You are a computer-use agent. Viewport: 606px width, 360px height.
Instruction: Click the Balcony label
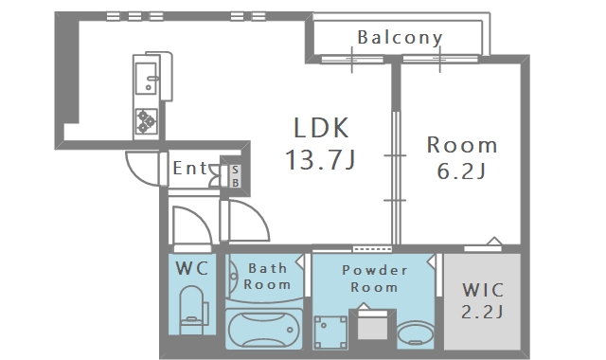400,38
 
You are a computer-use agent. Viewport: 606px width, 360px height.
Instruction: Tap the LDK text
322,128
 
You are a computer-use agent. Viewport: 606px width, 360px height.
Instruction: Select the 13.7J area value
320,159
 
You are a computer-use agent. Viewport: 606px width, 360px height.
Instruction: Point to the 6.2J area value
461,171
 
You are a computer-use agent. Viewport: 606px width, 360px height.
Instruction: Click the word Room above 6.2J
462,145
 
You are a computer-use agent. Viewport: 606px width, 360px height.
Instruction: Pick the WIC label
483,290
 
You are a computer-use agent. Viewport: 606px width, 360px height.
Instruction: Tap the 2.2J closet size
482,312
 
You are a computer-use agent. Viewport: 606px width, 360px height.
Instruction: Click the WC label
192,268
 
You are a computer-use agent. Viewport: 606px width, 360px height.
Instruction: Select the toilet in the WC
193,310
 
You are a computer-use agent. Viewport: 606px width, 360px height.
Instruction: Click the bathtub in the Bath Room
263,329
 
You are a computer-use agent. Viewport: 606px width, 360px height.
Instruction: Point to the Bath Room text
267,276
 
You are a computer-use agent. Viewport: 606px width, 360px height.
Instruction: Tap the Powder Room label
375,279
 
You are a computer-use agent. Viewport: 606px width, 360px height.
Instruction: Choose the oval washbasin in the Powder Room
415,333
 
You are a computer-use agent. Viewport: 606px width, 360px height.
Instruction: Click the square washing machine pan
330,333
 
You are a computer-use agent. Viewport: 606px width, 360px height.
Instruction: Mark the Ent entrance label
190,168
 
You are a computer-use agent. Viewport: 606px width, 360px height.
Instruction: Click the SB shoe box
235,176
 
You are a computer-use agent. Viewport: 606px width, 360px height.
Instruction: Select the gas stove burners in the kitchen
147,121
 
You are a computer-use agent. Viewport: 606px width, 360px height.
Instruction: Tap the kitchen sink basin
147,79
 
